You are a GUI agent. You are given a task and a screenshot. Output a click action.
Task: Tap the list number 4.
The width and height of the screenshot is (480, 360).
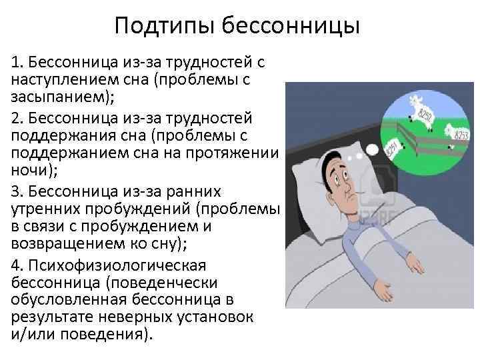[15, 261]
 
